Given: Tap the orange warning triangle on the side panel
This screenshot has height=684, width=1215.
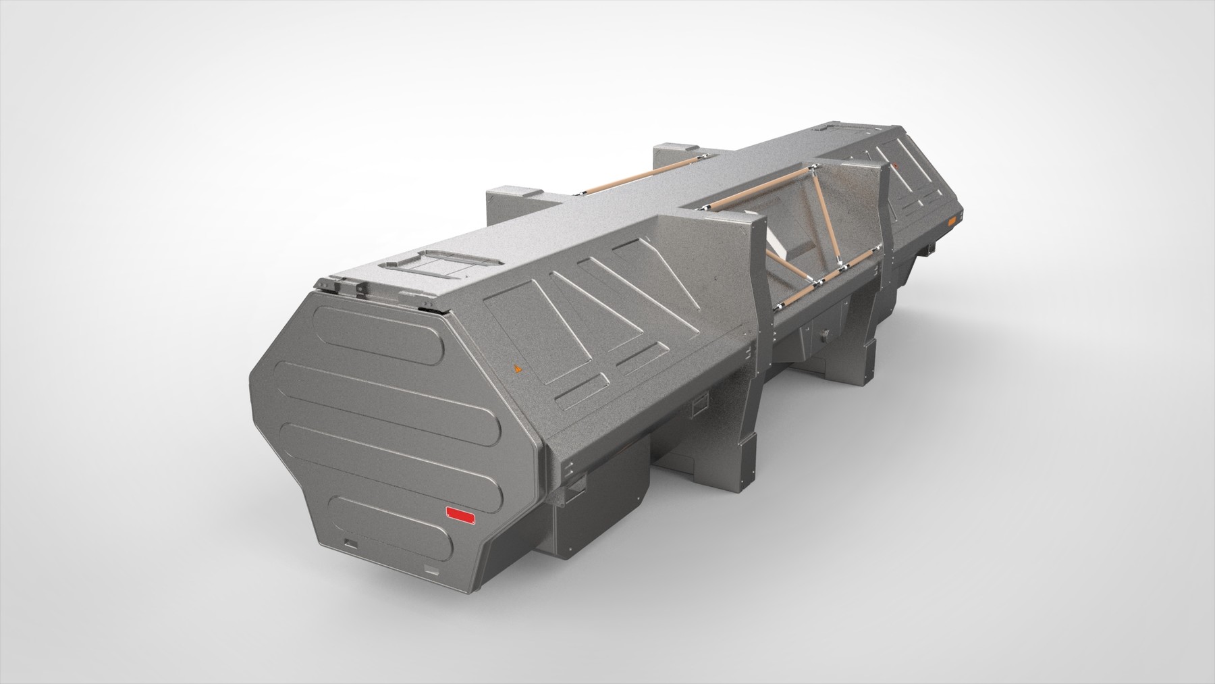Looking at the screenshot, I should [x=518, y=369].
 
